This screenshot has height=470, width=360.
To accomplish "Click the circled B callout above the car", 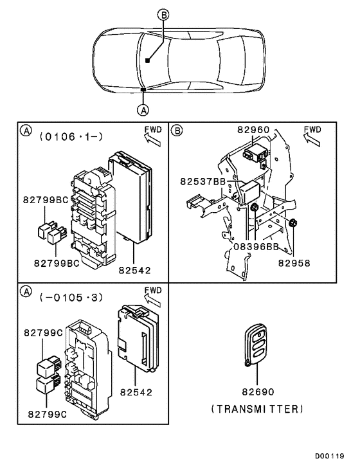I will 164,14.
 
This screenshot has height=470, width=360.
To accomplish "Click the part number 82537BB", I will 203,182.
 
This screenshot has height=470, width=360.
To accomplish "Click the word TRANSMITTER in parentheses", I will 257,409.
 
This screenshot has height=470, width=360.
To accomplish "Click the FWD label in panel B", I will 312,129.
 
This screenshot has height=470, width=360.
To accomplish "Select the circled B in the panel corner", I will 177,131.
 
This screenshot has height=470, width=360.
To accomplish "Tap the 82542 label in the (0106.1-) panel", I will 134,271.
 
